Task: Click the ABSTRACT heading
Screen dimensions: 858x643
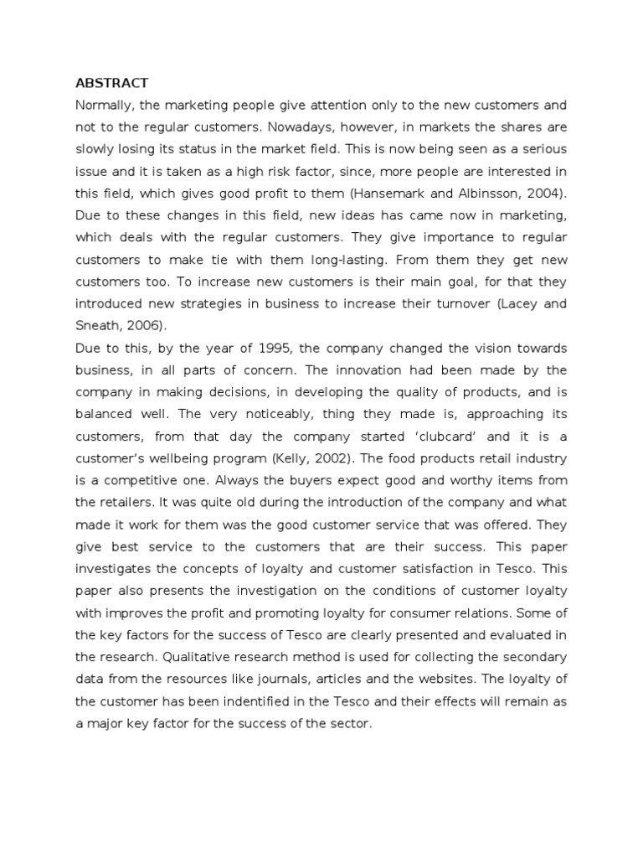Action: click(x=112, y=83)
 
